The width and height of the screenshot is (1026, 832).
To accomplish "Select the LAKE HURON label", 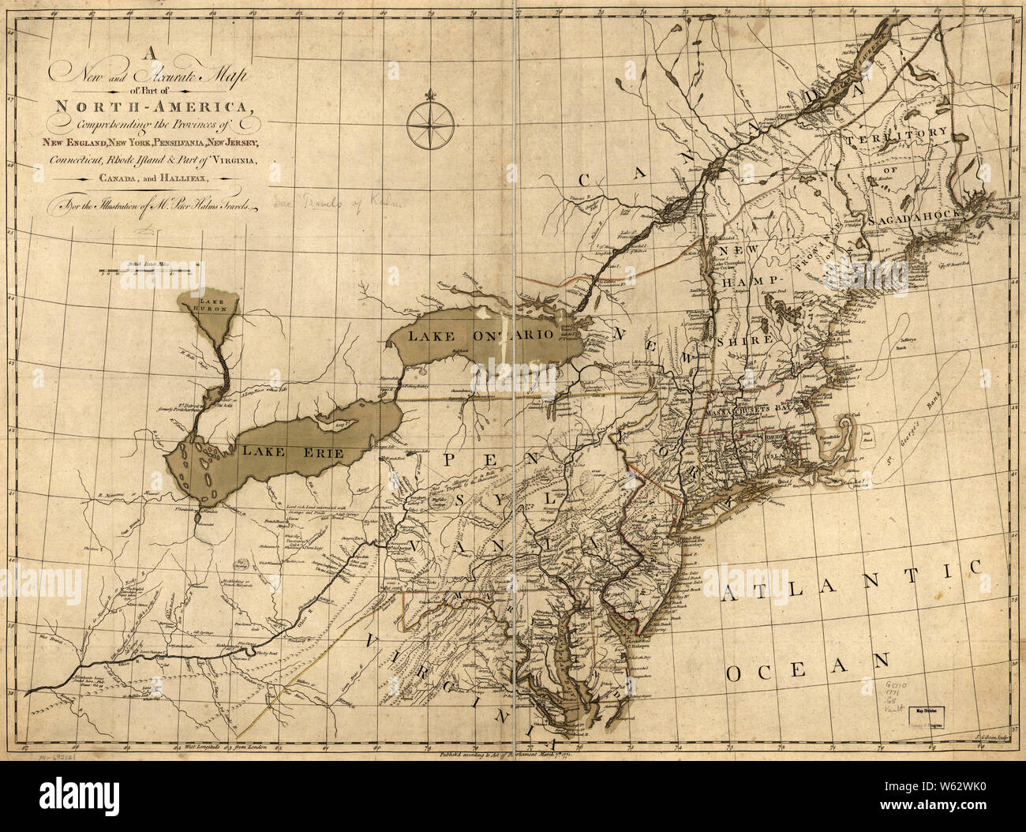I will pos(212,305).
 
